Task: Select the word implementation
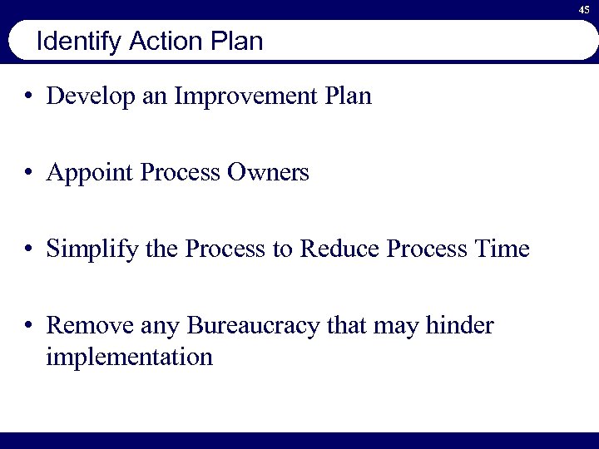(x=130, y=357)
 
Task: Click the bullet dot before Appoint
(x=29, y=174)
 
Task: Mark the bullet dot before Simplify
(x=29, y=249)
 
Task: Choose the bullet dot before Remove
(x=29, y=327)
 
